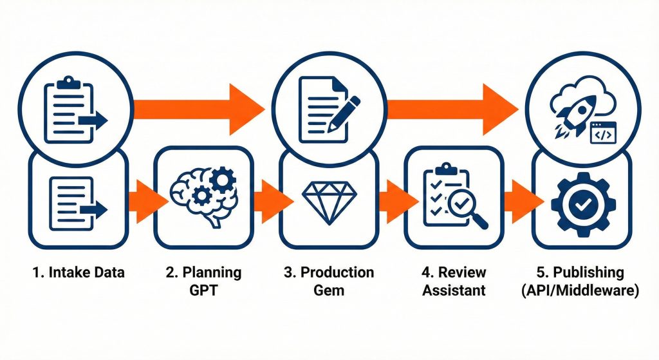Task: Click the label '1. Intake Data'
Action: tap(78, 272)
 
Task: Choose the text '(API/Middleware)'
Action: tap(581, 290)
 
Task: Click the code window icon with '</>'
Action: tap(603, 131)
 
